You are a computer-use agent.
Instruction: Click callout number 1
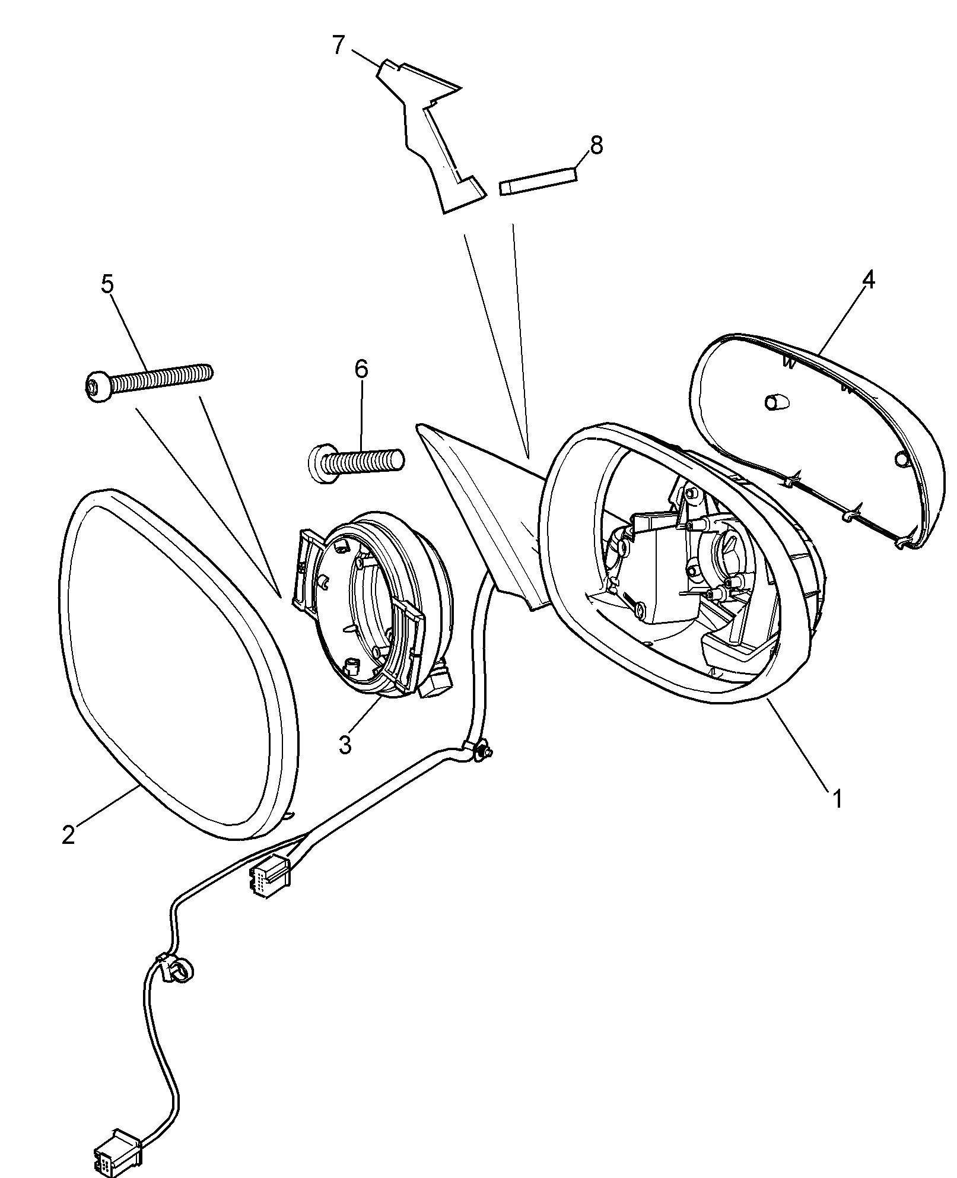[836, 799]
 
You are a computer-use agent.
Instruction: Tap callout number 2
[68, 834]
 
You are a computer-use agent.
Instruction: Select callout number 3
[345, 744]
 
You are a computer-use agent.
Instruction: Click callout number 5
[107, 284]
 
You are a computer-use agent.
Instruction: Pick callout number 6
[361, 369]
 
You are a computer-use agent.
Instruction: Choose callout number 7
[338, 45]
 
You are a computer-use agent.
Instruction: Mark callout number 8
[596, 144]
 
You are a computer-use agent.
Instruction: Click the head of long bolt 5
[96, 386]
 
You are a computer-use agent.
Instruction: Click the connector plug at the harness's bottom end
[116, 1150]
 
